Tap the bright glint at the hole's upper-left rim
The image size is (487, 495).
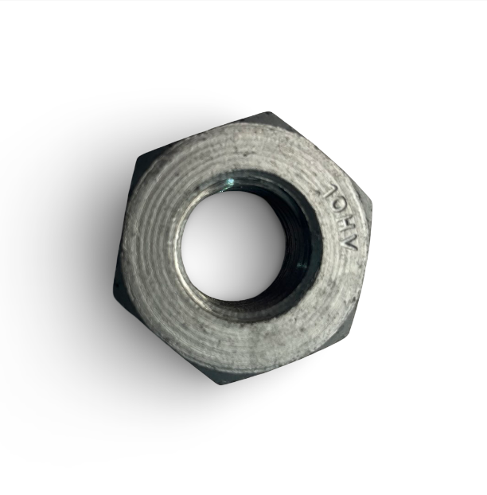[229, 182]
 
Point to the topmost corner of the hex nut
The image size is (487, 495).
[268, 113]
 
